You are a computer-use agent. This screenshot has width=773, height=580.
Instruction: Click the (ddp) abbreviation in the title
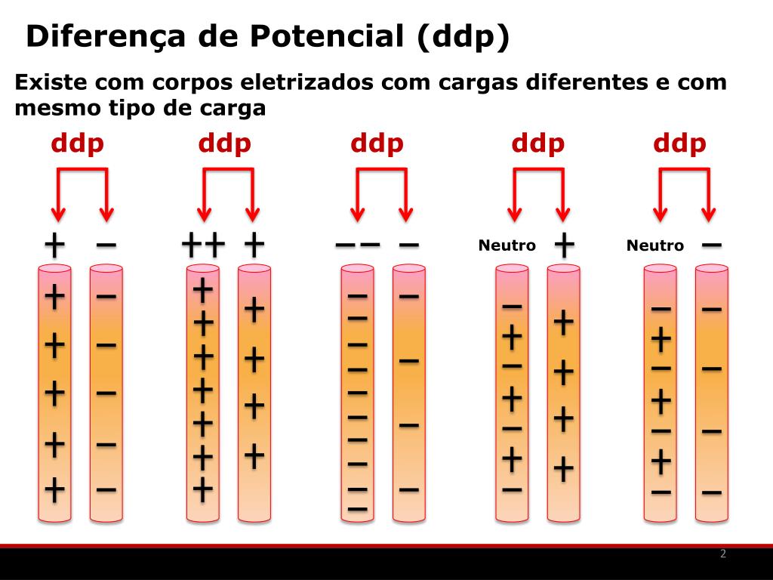pyautogui.click(x=462, y=36)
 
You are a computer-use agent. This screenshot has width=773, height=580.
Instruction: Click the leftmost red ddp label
pyautogui.click(x=77, y=143)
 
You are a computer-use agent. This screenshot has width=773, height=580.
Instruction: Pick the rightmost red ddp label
pyautogui.click(x=679, y=143)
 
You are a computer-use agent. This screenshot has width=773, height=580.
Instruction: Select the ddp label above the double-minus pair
pyautogui.click(x=377, y=143)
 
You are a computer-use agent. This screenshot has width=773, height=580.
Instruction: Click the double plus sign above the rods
pyautogui.click(x=204, y=245)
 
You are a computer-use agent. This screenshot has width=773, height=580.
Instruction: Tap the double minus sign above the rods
pyautogui.click(x=357, y=245)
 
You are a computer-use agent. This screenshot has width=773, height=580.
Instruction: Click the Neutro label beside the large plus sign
pyautogui.click(x=507, y=245)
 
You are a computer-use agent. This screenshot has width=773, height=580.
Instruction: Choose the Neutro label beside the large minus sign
pyautogui.click(x=654, y=245)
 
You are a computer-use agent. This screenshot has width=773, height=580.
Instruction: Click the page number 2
pyautogui.click(x=723, y=554)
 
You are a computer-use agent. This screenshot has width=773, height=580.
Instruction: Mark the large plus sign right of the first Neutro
pyautogui.click(x=564, y=243)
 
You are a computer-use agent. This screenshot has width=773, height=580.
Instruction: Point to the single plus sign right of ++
pyautogui.click(x=254, y=244)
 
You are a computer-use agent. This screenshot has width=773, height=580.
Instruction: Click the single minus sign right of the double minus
pyautogui.click(x=408, y=245)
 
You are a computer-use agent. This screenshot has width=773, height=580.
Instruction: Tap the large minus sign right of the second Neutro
pyautogui.click(x=711, y=244)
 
